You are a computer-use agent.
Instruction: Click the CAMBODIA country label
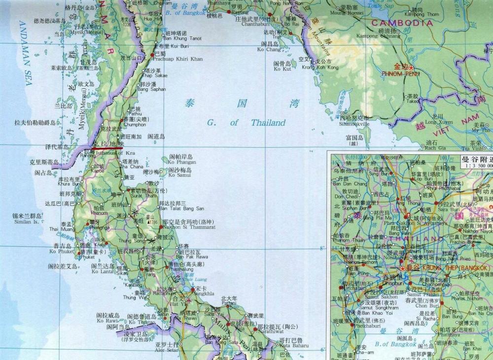click(x=402, y=23)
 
